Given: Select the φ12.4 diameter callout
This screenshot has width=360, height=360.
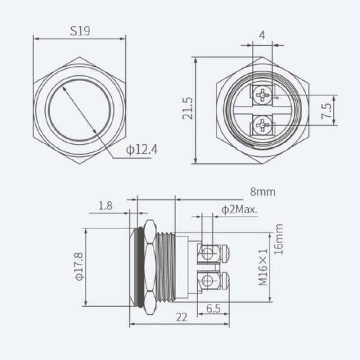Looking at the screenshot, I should tap(141, 150).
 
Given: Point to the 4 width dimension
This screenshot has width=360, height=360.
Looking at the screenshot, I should tap(263, 35).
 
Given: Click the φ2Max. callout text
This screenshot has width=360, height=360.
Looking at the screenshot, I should tap(239, 210).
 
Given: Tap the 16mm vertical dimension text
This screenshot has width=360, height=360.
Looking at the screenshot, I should tap(278, 239).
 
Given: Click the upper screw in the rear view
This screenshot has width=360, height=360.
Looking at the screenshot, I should tap(263, 96).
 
